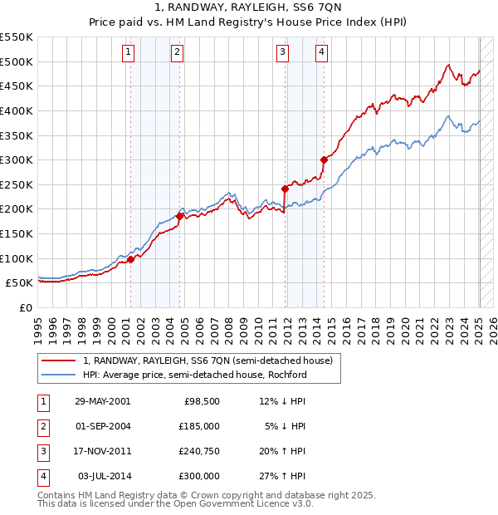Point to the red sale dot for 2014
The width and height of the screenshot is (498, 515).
pyautogui.click(x=324, y=159)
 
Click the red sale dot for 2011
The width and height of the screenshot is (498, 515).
pyautogui.click(x=285, y=189)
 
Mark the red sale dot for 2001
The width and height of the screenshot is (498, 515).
pyautogui.click(x=130, y=259)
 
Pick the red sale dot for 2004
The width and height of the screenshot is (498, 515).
pyautogui.click(x=179, y=216)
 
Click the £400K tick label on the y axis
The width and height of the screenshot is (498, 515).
pyautogui.click(x=17, y=110)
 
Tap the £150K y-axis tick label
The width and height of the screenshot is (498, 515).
pyautogui.click(x=17, y=233)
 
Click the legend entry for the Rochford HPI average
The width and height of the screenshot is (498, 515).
pyautogui.click(x=194, y=375)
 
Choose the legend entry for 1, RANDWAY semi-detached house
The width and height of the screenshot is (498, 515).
pyautogui.click(x=207, y=360)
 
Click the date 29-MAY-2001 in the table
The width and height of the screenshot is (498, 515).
pyautogui.click(x=102, y=401)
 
